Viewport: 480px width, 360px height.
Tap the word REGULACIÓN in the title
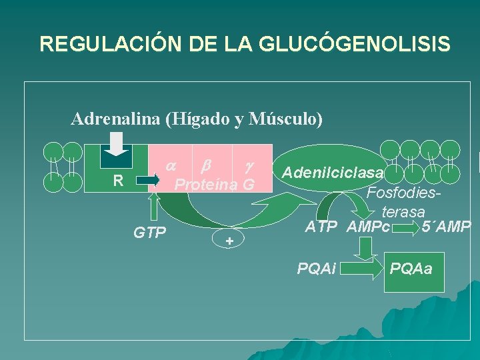point(103,44)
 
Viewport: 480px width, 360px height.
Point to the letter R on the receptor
point(118,179)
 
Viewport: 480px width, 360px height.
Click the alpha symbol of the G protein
point(171,164)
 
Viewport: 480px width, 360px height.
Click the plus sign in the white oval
point(229,241)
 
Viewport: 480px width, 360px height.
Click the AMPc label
point(368,227)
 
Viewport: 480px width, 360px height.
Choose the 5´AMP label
point(446,227)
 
